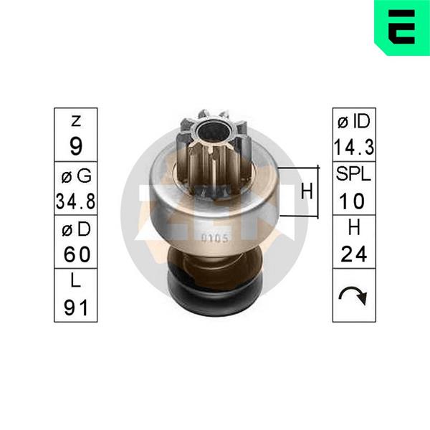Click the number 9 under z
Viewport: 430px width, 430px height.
[76, 146]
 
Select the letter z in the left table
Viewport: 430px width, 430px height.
[76, 121]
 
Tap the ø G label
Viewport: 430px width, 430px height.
[76, 176]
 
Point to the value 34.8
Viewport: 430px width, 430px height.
[75, 201]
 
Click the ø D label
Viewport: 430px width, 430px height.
[76, 229]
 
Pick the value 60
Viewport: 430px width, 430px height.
[77, 254]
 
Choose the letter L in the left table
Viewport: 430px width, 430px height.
[76, 280]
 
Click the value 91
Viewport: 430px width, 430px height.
[76, 307]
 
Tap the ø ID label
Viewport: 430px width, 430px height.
[354, 122]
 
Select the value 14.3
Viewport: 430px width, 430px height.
[354, 147]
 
